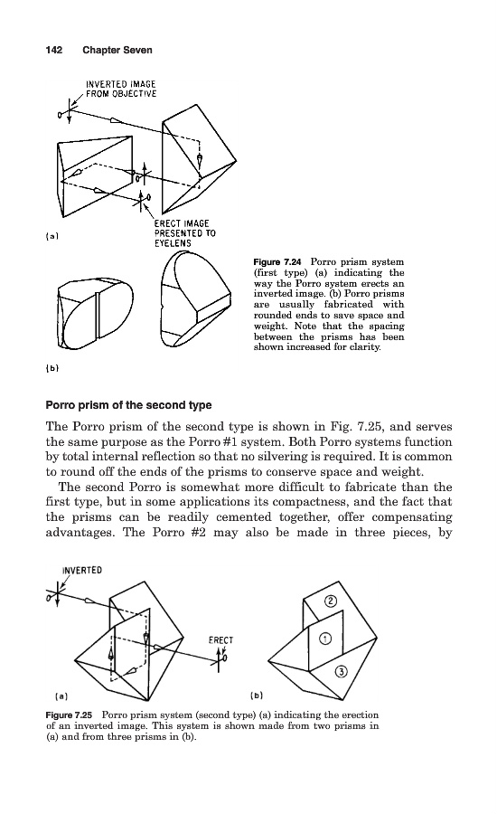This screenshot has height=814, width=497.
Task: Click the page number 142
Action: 54,50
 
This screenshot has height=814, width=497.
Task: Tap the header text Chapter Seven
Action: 117,50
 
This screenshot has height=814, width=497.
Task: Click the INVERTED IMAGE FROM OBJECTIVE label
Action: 121,89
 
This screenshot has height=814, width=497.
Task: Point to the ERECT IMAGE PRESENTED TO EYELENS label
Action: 184,233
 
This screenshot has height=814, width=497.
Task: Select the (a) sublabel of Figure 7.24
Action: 52,236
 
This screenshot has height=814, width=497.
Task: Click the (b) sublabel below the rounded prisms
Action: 52,368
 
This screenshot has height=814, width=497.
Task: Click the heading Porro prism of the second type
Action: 128,405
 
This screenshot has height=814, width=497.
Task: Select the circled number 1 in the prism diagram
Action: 324,639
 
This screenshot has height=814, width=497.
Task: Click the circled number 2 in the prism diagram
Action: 331,601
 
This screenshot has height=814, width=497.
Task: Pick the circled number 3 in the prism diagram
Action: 341,672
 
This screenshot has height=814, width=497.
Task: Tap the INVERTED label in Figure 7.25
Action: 82,570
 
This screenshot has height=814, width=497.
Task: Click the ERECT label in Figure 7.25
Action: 221,640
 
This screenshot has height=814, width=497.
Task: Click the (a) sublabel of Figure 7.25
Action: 61,696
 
